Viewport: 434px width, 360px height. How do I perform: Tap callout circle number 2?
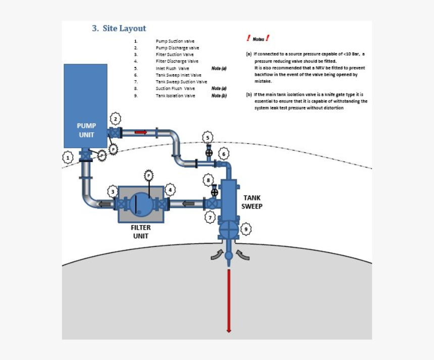116,119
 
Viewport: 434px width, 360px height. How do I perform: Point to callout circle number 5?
207,137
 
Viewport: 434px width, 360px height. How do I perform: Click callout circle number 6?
224,153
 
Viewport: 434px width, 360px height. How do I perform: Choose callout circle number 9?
246,229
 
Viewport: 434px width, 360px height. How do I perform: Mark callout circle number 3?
113,191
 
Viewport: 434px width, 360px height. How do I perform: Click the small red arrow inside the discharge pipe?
140,132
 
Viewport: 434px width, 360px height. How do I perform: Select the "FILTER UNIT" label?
141,231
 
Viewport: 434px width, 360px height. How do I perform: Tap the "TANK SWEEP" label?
252,202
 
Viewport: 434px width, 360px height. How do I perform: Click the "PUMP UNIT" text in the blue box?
86,130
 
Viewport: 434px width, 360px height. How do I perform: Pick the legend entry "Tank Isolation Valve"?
175,95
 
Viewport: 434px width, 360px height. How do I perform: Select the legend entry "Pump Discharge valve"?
177,48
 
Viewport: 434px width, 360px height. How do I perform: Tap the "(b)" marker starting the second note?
248,94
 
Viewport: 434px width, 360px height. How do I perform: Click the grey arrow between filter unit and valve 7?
188,204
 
